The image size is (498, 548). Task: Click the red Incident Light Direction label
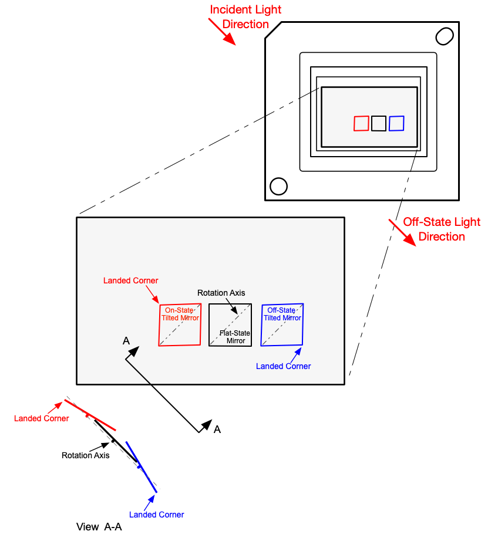point(245,17)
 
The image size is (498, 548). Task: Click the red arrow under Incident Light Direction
point(223,31)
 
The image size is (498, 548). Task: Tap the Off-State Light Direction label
point(442,229)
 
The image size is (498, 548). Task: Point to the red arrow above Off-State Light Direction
point(402,233)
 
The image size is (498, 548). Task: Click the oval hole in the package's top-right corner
point(444,36)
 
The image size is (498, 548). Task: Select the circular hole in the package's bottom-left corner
point(278,186)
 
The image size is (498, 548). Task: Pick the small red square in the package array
point(361,123)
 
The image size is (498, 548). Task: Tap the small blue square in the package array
point(396,123)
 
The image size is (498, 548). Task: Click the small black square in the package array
point(379,123)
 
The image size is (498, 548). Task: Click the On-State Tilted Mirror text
point(180,314)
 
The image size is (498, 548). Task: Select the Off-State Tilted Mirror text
point(282,314)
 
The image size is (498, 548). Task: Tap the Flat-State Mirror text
point(235,337)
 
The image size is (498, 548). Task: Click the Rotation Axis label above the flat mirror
point(221,293)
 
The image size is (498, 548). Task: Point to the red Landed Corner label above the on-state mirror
point(130,280)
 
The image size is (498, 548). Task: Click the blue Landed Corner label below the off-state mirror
point(283,366)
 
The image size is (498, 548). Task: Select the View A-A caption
point(99,527)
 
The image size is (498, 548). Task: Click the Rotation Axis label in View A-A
point(86,455)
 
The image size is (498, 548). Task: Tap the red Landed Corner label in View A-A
point(41,418)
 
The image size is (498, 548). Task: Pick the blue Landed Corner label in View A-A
point(156,515)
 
